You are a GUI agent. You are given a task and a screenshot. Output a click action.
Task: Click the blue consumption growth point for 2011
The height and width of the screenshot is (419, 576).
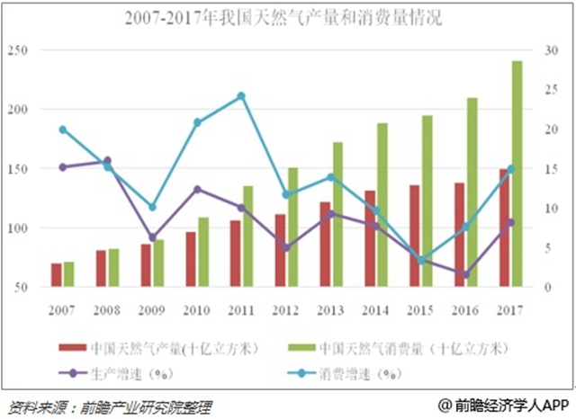pyautogui.click(x=241, y=95)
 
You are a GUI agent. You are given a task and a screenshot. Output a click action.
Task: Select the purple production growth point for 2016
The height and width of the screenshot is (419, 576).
pyautogui.click(x=465, y=273)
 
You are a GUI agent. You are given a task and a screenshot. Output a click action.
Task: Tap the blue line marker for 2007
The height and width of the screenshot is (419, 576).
pyautogui.click(x=63, y=129)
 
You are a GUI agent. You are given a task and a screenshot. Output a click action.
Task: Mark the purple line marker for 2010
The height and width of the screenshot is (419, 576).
pyautogui.click(x=197, y=190)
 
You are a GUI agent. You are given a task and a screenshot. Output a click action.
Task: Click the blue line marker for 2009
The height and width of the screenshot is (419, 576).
pyautogui.click(x=152, y=208)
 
